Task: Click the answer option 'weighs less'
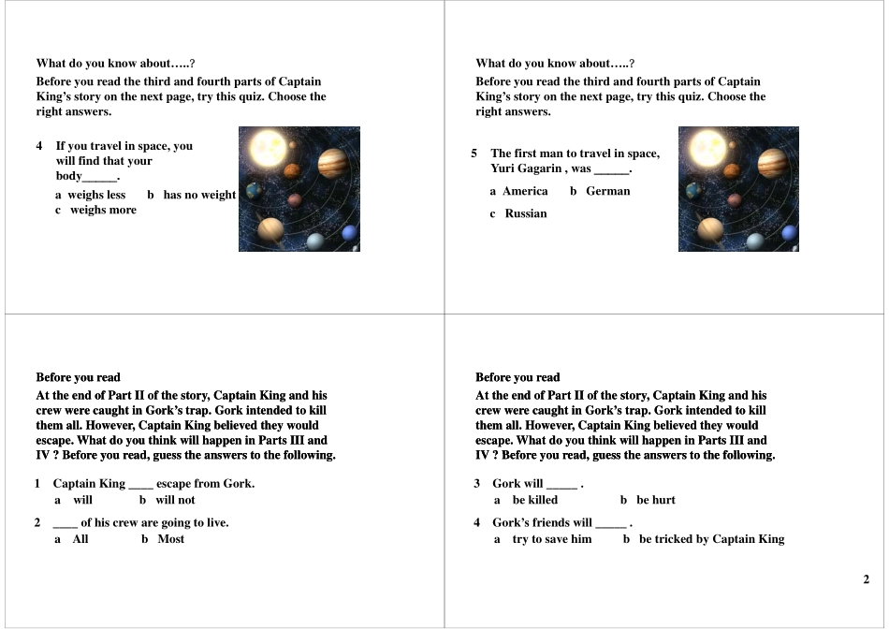tap(96, 195)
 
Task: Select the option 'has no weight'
tap(199, 195)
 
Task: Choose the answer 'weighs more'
tap(103, 210)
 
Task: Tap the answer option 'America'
tap(525, 191)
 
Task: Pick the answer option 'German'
tap(607, 191)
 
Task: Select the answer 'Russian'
tap(525, 213)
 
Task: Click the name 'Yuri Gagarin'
tap(526, 168)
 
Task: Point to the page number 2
tap(866, 579)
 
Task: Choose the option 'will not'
tap(175, 500)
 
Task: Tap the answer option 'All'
tap(80, 539)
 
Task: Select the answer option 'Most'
tap(170, 539)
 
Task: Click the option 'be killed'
tap(534, 500)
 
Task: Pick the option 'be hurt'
tap(655, 500)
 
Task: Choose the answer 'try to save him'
tap(551, 539)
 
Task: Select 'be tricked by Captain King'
tap(711, 539)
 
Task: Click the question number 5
tap(474, 154)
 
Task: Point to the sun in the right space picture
tap(704, 149)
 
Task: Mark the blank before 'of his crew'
tap(65, 523)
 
